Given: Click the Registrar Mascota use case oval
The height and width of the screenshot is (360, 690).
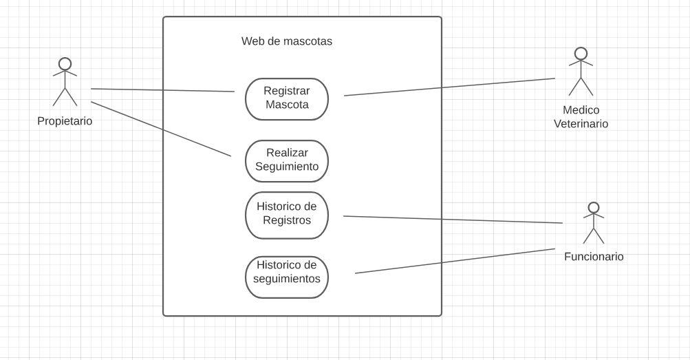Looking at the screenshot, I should pos(287,98).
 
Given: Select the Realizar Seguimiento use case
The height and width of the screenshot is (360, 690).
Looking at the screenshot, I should pos(287,160).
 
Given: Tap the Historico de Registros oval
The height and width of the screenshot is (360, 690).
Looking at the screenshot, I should pos(287,215).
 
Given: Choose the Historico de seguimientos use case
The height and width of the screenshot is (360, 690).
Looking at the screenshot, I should pos(287,277).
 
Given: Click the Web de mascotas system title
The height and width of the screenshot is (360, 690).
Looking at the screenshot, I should pos(286,41).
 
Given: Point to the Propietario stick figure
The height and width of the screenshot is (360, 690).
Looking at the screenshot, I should pos(65,83).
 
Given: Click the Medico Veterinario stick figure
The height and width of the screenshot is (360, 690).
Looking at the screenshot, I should pos(581,72).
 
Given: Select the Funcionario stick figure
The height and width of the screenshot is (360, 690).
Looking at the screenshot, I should pos(594,224).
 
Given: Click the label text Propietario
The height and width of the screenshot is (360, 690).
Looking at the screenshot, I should pos(65,121).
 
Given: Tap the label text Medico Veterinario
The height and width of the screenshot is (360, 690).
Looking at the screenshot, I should pos(581,117).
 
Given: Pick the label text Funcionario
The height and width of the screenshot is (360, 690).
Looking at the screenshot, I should pos(594,257).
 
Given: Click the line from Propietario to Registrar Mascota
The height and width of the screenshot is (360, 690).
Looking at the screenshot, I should pos(162,90).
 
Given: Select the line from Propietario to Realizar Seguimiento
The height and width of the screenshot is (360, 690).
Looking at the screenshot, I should pos(161,129).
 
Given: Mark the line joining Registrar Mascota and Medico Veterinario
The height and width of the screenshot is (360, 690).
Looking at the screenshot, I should pos(449,87).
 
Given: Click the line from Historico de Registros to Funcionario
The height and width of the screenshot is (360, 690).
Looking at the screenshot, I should pos(453,220).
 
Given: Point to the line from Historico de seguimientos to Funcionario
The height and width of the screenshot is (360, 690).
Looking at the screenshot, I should pos(455,261).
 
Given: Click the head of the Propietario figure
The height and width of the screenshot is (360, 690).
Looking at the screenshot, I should pos(65,63).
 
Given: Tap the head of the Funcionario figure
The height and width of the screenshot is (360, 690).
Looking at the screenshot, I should pos(594,207).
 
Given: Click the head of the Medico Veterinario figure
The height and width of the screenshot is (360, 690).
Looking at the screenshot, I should pos(581,53).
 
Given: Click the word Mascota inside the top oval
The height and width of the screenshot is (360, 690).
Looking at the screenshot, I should pos(287,105).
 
